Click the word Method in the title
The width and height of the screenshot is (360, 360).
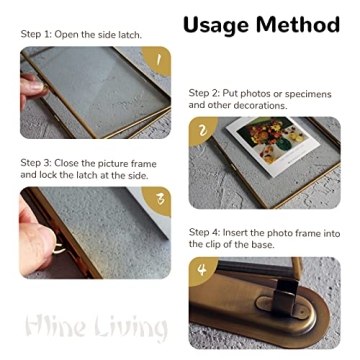[x=299, y=23]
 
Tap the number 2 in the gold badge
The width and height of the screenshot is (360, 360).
[x=203, y=131]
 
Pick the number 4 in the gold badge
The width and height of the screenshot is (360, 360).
[x=203, y=271]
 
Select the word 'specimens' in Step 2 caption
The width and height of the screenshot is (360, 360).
[x=312, y=92]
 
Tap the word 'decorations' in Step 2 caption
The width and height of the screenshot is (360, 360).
[x=261, y=105]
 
